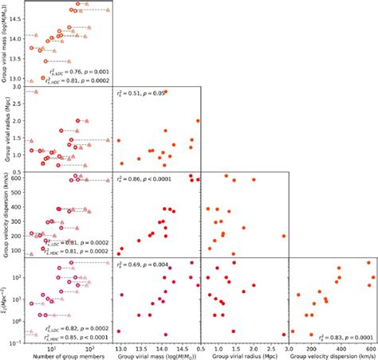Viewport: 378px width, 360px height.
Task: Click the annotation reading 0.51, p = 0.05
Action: pos(144,94)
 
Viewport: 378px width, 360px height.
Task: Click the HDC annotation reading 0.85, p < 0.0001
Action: pos(79,338)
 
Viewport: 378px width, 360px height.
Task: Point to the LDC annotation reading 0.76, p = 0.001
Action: pos(81,72)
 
